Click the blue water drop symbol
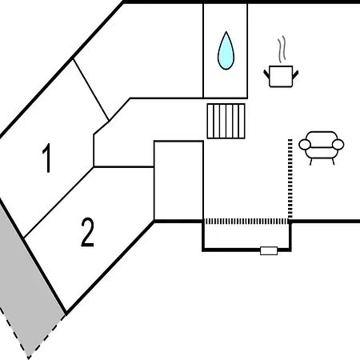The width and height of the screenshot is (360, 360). click(226, 50)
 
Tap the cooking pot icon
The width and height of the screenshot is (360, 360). click(281, 76)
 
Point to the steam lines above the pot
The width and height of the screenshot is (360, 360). click(282, 50)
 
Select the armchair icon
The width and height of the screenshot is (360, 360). click(321, 147)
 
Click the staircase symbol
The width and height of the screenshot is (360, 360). click(226, 121)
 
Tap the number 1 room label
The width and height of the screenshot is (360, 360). click(47, 158)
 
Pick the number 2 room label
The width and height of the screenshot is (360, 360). click(87, 232)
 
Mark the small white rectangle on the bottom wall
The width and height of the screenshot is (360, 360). click(269, 250)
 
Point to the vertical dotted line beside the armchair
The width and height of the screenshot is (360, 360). click(290, 178)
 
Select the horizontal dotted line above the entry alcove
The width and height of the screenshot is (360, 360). click(246, 222)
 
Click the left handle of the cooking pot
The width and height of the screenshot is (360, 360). click(266, 74)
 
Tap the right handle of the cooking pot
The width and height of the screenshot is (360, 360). click(295, 74)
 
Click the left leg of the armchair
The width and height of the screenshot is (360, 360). click(311, 162)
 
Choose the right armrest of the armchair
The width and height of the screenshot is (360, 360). click(338, 144)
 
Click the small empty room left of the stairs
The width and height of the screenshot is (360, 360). click(178, 181)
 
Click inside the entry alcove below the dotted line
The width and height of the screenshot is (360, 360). click(246, 236)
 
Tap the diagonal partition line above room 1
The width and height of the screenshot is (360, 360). click(90, 90)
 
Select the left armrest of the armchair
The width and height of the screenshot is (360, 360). click(305, 144)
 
